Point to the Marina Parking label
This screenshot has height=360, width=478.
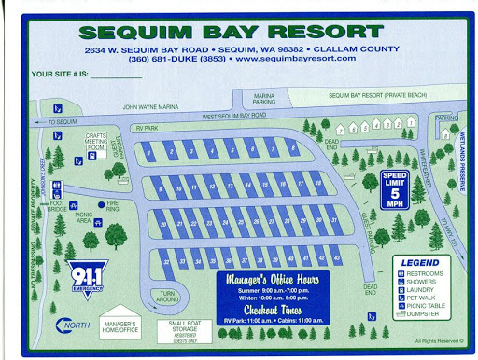266,99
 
